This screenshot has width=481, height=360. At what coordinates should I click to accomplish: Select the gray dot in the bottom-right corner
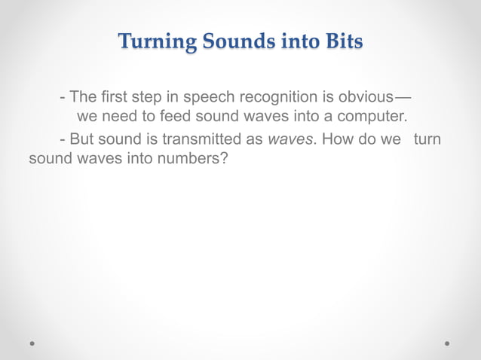click(x=447, y=343)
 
